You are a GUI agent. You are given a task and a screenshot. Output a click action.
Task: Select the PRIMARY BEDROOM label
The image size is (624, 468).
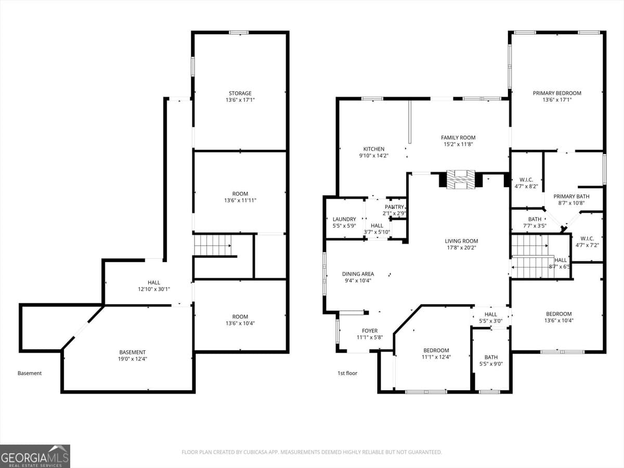pos(557,93)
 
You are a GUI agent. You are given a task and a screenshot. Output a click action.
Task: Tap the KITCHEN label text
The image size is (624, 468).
pos(373,149)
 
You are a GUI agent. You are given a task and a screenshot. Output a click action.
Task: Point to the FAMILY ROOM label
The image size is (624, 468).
pos(458,138)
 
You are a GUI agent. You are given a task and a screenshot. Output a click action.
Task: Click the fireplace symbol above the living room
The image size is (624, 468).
pos(461,179)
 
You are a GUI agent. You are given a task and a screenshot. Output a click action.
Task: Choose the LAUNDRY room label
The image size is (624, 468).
pos(344,219)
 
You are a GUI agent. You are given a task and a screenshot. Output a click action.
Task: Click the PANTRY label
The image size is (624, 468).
pos(394,207)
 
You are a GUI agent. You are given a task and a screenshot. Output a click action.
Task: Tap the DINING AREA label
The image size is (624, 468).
pos(358,274)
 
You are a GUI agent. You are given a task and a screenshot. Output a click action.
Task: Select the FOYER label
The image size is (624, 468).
pos(370,331)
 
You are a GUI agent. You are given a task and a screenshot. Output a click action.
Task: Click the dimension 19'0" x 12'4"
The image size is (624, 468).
pos(132,359)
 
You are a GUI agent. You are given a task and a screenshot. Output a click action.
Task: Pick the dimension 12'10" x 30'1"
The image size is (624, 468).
pos(154,289)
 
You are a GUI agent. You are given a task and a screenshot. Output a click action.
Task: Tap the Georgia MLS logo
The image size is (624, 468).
pos(35,456)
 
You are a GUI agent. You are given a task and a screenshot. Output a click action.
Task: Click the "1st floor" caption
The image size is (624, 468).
pos(347,373)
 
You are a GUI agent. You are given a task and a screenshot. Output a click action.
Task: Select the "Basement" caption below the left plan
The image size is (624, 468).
pos(30,373)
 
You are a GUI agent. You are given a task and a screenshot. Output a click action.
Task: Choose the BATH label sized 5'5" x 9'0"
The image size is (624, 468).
pos(491,357)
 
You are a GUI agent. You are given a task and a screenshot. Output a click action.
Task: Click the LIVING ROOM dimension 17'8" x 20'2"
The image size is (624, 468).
pos(461,248)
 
